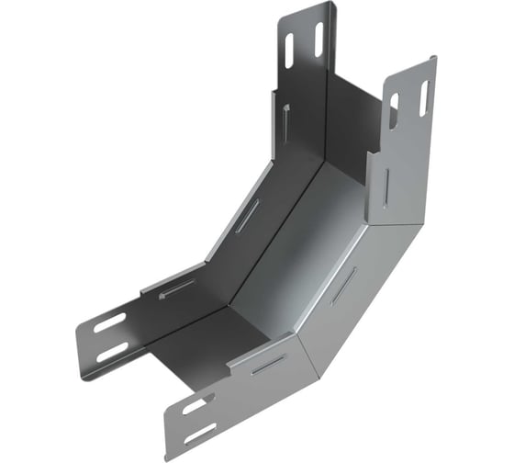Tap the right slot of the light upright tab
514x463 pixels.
pos(424,97)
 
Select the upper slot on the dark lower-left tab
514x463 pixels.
pos(110,322)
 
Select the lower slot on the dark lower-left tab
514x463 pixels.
pos(113,352)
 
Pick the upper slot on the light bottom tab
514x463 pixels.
pos(194,405)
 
